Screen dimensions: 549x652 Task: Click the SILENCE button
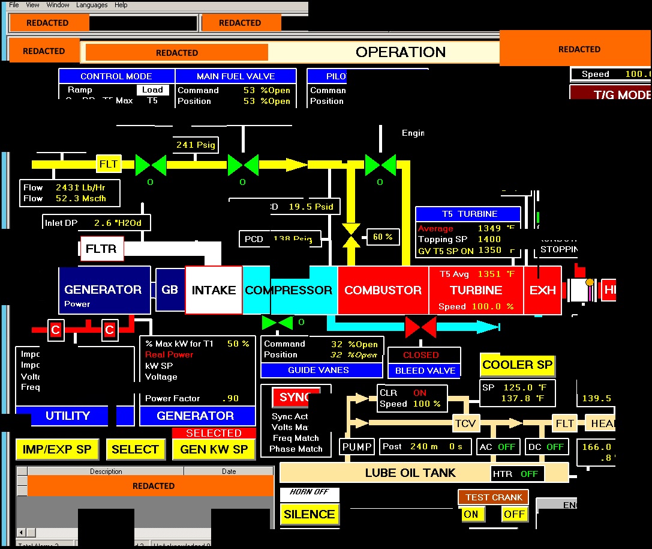(x=309, y=514)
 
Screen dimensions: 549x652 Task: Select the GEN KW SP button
(x=214, y=449)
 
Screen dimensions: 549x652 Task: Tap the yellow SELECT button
(x=135, y=449)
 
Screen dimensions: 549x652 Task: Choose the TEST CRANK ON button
(x=471, y=514)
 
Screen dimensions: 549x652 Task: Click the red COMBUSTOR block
(x=383, y=290)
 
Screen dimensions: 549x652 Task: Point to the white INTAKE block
(x=214, y=290)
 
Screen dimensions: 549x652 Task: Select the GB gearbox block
(x=170, y=290)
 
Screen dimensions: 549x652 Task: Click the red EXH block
(x=542, y=290)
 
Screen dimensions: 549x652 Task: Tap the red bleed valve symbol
(x=420, y=327)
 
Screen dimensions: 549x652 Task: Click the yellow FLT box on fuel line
(x=109, y=163)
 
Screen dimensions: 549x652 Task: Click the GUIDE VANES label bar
(x=322, y=370)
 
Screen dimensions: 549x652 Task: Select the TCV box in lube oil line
(x=465, y=423)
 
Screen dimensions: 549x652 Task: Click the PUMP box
(x=357, y=446)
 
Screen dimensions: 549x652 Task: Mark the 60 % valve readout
(x=383, y=237)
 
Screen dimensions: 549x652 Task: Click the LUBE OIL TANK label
(x=410, y=473)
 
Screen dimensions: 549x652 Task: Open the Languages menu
(x=92, y=5)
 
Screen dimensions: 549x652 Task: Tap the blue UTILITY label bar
(x=67, y=416)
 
